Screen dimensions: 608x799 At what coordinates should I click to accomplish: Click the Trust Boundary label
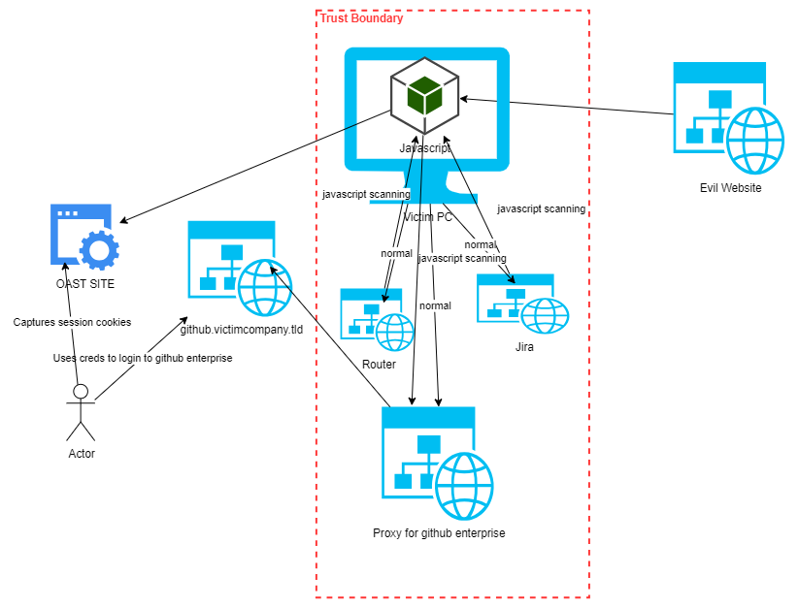362,18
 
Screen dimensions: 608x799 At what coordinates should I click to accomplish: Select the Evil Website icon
728,116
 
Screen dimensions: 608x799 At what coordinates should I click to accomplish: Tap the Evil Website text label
730,188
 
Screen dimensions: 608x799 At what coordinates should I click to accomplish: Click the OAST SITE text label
84,283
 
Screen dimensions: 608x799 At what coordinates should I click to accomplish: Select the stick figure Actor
81,411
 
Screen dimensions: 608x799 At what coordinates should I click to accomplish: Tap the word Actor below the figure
82,454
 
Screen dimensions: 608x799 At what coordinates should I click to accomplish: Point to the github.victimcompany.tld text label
241,330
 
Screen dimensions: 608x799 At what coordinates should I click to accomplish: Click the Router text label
379,364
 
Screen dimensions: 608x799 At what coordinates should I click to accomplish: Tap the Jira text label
524,346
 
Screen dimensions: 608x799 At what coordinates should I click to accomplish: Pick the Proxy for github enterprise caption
439,533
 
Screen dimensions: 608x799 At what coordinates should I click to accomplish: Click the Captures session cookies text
72,322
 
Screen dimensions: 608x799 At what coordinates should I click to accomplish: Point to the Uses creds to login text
143,358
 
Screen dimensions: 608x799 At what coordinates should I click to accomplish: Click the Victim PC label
428,217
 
